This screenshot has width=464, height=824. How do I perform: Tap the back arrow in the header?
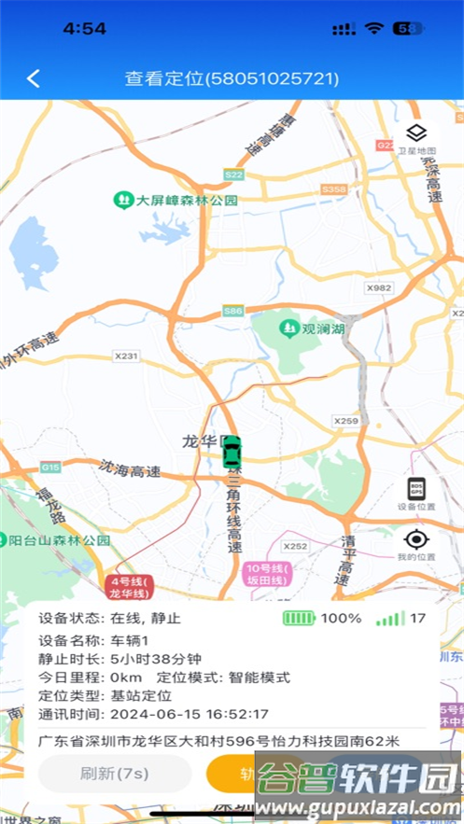[34, 78]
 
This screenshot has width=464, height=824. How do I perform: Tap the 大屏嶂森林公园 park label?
[176, 200]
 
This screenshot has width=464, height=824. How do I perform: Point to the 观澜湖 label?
[313, 328]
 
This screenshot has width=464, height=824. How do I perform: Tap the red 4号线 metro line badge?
[128, 587]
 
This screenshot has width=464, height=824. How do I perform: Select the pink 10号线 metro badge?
[268, 574]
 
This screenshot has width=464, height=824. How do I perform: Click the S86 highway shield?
[233, 311]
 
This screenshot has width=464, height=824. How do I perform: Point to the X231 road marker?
[125, 356]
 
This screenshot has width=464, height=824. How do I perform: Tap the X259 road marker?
[346, 421]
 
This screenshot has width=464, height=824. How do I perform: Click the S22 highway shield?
[233, 175]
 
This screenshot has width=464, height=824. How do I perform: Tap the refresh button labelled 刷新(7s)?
[115, 773]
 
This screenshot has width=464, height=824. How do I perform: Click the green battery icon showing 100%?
[300, 618]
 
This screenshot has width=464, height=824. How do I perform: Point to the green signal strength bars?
[389, 618]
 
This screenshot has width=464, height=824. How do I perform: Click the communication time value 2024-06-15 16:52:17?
[190, 714]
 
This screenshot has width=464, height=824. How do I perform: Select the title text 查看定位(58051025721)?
[232, 78]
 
